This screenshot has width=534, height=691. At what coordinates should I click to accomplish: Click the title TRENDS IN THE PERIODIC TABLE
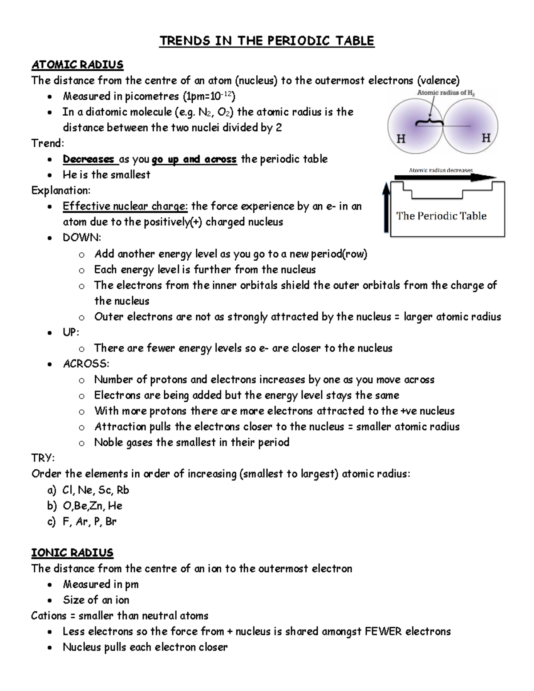[267, 41]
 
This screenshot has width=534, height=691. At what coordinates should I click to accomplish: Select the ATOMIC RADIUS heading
[77, 65]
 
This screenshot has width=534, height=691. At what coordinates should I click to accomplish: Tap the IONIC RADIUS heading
[72, 553]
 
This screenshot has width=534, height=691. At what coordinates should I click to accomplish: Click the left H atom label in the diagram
[401, 139]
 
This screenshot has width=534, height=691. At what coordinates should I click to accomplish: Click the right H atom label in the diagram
[486, 138]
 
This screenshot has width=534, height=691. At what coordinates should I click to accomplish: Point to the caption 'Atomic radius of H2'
[445, 93]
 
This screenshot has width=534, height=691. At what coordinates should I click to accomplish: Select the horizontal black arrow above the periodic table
[445, 178]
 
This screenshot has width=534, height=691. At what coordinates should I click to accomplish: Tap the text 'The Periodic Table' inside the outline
[441, 216]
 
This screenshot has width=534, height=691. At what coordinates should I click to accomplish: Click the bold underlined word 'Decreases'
[89, 159]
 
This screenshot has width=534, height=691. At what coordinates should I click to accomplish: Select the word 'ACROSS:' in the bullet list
[86, 364]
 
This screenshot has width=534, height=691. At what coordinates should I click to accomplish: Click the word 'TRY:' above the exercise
[43, 458]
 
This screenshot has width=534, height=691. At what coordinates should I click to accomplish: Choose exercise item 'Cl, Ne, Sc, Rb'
[96, 490]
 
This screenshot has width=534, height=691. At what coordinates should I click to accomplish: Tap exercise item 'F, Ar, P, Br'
[89, 521]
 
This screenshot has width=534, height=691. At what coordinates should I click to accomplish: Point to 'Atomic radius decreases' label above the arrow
[441, 170]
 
